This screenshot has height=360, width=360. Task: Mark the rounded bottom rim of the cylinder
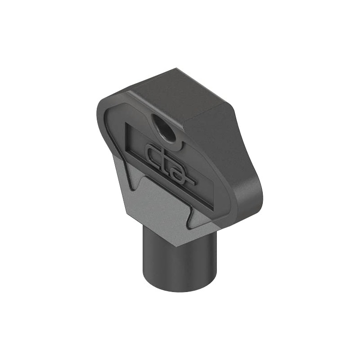click(180, 288)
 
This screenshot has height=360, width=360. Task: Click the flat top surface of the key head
click(180, 94)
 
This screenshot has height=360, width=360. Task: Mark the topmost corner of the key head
click(176, 69)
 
